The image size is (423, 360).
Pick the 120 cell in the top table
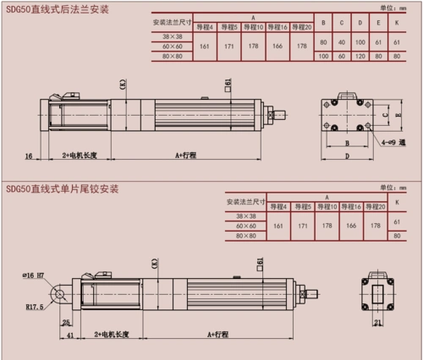click(359, 56)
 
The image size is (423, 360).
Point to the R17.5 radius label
click(35, 307)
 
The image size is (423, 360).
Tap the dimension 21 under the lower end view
click(377, 322)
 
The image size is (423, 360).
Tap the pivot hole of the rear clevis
click(58, 294)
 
